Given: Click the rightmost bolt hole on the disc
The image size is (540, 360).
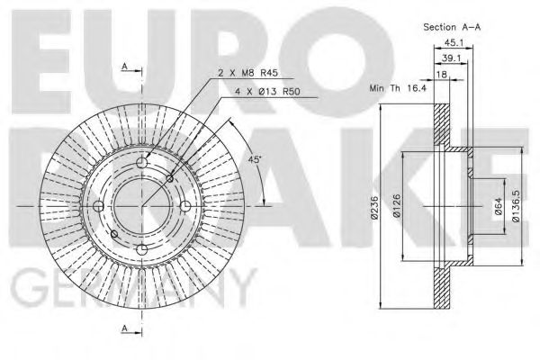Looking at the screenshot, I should [x=184, y=207].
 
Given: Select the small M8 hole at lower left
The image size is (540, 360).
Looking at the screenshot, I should [x=112, y=235].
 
